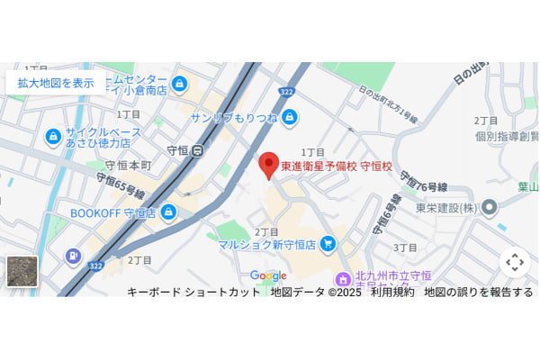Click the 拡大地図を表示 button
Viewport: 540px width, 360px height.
pyautogui.click(x=55, y=83)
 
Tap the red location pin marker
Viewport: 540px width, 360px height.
pyautogui.click(x=268, y=166)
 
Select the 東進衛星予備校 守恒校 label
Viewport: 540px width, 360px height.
pyautogui.click(x=337, y=166)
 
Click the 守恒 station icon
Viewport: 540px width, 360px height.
pyautogui.click(x=197, y=151)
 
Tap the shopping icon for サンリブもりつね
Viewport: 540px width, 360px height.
pyautogui.click(x=289, y=117)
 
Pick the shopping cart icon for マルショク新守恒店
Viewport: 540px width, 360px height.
pyautogui.click(x=328, y=243)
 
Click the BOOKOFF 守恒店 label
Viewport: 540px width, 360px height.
pyautogui.click(x=113, y=213)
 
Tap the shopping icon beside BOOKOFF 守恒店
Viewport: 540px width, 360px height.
pyautogui.click(x=168, y=211)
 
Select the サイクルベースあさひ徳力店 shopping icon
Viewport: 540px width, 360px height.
pyautogui.click(x=53, y=137)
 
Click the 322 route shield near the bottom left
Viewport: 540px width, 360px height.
pyautogui.click(x=95, y=265)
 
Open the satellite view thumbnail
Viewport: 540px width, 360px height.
pyautogui.click(x=22, y=271)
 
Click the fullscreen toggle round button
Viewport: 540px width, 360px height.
pyautogui.click(x=514, y=262)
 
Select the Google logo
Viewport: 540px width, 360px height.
pyautogui.click(x=268, y=275)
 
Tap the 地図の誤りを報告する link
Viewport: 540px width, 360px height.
pyautogui.click(x=478, y=292)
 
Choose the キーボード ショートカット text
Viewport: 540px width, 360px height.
pyautogui.click(x=193, y=292)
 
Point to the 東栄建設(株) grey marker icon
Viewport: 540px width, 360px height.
pyautogui.click(x=489, y=208)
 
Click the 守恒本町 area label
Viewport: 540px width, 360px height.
pyautogui.click(x=128, y=166)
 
